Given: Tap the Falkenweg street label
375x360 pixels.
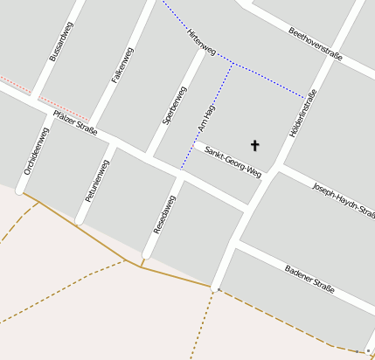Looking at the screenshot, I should coord(122,65).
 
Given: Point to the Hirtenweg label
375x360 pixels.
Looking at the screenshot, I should coord(201,40).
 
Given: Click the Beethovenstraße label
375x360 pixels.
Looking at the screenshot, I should coord(315,44).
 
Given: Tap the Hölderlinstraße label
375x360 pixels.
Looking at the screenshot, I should coord(302,114).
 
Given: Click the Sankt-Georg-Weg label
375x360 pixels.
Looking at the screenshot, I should coord(233,161).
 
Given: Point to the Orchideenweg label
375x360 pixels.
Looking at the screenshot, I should coord(37,151).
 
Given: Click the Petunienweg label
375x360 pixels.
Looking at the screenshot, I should coord(98,181).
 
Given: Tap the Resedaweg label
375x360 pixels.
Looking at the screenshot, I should coord(164,214).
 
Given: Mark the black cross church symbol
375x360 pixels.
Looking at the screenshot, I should coord(255,145).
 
